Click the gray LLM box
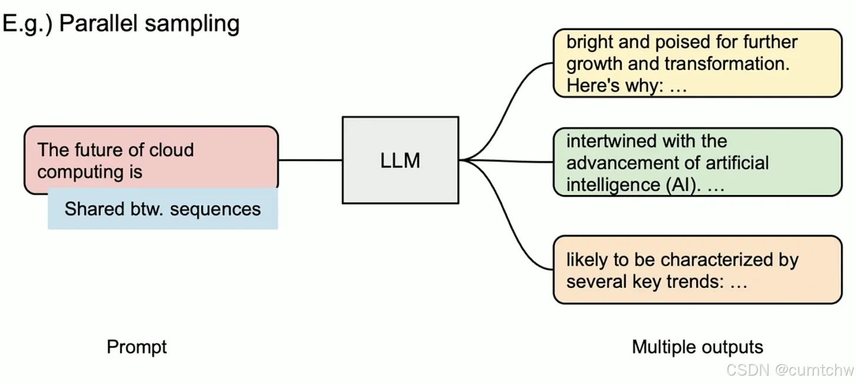400,160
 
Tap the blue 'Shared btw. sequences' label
162,209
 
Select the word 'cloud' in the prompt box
171,150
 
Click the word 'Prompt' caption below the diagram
136,347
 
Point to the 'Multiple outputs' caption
697,347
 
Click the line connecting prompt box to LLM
310,160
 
